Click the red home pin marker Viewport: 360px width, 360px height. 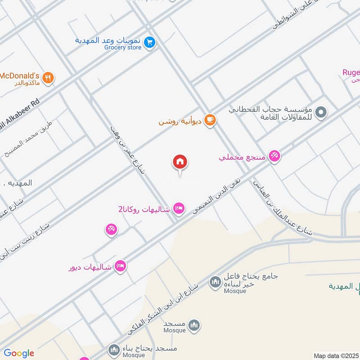click(x=180, y=162)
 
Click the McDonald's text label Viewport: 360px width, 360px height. click(x=20, y=75)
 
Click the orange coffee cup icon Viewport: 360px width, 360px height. click(x=210, y=120)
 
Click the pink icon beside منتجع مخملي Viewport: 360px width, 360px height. click(x=274, y=156)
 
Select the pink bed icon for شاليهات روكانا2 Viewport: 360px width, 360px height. click(x=179, y=208)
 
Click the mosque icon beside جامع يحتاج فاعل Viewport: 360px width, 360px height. click(x=215, y=283)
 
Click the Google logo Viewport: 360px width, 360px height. click(x=19, y=353)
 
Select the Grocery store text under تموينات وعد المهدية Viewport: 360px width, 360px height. click(x=123, y=47)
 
